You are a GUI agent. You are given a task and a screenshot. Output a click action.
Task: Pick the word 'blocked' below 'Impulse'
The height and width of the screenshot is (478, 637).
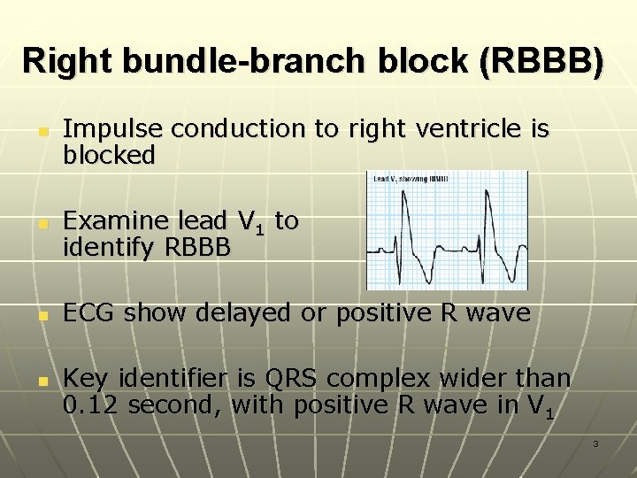[109, 156]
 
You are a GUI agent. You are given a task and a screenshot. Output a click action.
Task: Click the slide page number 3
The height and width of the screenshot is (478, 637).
[595, 443]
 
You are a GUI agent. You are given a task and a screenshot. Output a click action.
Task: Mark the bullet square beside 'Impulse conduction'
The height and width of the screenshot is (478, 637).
[41, 130]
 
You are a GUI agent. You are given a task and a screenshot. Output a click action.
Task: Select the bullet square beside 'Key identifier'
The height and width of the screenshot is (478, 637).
[41, 380]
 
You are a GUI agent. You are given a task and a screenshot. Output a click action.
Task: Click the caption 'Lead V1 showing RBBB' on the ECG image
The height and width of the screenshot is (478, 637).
[411, 178]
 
